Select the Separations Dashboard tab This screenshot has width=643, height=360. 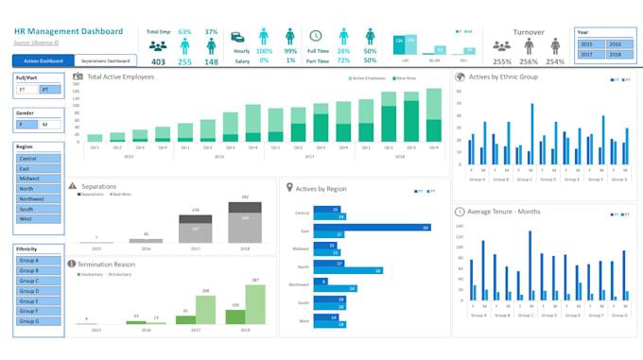click(x=106, y=60)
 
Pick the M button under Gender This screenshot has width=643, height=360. click(x=47, y=124)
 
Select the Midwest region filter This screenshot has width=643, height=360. click(x=38, y=179)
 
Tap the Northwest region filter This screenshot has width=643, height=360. click(x=38, y=199)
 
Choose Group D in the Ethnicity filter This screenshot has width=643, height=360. click(x=38, y=290)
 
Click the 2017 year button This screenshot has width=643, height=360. click(x=588, y=55)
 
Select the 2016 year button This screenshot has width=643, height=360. click(x=615, y=44)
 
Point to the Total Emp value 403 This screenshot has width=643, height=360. click(x=158, y=62)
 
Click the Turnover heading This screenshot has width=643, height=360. click(x=529, y=31)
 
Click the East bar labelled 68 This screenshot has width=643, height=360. click(x=374, y=229)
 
